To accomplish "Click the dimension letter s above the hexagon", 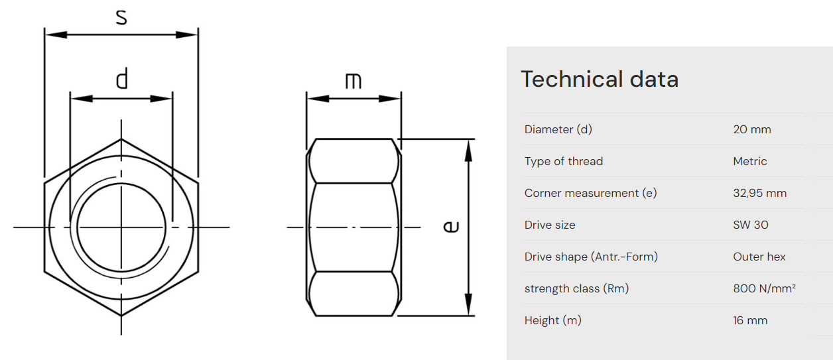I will click(x=121, y=17).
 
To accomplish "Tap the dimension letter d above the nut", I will click(x=121, y=80).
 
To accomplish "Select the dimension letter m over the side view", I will click(x=353, y=81).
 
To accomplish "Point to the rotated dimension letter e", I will click(x=451, y=227).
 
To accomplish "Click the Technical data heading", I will click(x=600, y=79).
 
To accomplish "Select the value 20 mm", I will click(x=752, y=129).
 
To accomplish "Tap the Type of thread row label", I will click(x=564, y=161).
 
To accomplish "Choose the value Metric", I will click(x=750, y=161).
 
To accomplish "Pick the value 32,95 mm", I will click(x=760, y=193).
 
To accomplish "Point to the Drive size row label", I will click(x=550, y=225).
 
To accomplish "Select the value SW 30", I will click(x=751, y=225).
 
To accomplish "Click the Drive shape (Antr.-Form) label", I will click(x=591, y=257).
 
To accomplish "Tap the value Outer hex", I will click(x=759, y=257).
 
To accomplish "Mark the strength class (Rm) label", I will click(x=576, y=288).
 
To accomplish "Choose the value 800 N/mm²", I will click(x=764, y=288).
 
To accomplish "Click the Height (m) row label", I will click(x=552, y=320).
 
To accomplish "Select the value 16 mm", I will click(x=750, y=320).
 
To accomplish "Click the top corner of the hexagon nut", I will click(x=121, y=139).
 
